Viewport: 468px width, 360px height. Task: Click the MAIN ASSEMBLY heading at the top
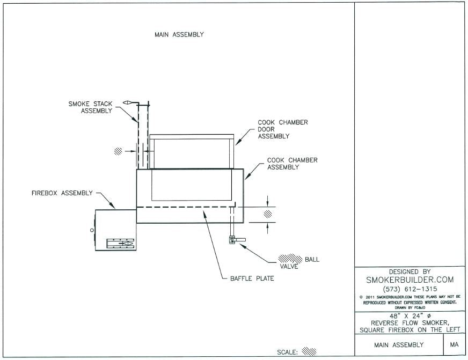179,35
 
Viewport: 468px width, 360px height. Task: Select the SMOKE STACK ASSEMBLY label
90,107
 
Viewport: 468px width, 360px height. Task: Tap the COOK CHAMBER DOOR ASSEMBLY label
283,129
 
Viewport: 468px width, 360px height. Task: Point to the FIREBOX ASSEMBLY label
62,193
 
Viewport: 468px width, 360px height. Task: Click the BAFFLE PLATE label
252,278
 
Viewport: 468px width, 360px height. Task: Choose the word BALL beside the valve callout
312,259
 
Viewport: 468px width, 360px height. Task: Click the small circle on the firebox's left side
92,230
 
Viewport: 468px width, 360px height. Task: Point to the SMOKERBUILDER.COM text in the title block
409,280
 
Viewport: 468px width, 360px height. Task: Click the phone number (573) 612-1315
409,289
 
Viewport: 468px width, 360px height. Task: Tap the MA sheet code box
454,344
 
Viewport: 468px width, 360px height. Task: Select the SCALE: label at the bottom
288,352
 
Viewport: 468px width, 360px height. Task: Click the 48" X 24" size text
409,316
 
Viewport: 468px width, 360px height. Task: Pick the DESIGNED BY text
409,271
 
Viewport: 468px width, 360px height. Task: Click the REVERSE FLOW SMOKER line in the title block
409,323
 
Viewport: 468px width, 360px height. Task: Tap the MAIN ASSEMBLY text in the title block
399,344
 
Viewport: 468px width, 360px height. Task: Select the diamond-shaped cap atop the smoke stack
128,102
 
